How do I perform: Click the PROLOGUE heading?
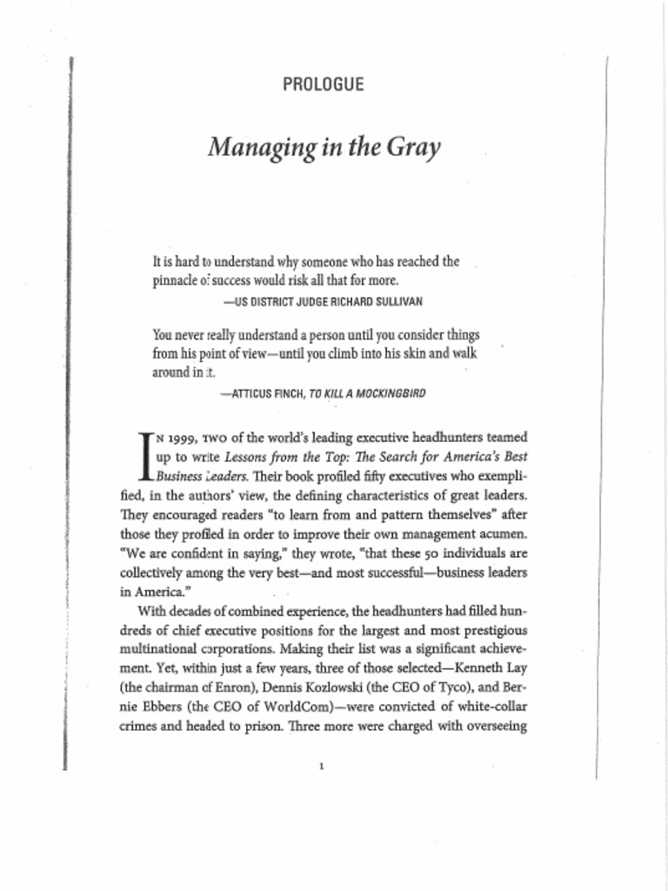pos(323,84)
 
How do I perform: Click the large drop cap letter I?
pos(145,456)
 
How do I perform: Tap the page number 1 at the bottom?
pos(322,767)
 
